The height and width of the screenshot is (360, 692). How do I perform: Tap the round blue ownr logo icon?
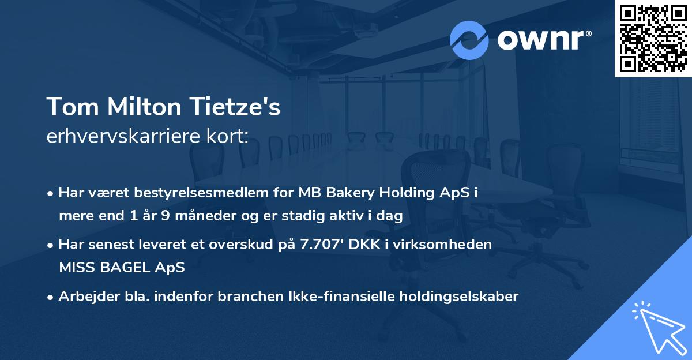[469, 40]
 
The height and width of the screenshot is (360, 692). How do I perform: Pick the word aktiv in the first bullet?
[343, 216]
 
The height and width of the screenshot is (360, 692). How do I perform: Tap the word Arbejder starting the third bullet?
[84, 297]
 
